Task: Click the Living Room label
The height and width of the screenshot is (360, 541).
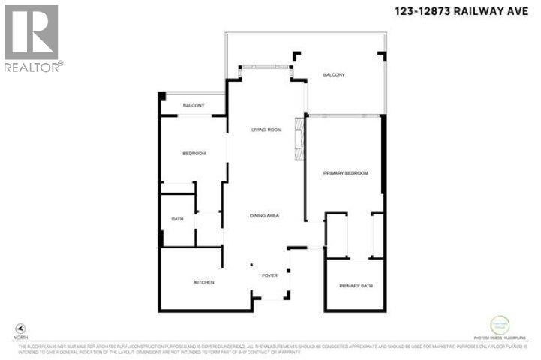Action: pos(266,130)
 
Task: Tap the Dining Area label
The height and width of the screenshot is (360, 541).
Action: pos(264,216)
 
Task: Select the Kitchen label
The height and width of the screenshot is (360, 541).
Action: pos(204,283)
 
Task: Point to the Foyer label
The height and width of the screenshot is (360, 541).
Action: pos(269,275)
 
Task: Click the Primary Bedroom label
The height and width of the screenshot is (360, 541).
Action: pos(346,173)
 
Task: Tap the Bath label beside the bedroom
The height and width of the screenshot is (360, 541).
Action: pos(177,219)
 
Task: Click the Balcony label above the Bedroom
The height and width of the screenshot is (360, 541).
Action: pos(194,105)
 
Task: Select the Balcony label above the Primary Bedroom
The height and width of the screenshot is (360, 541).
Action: pos(334,74)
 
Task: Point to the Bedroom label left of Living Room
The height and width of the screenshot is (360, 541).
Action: pos(194,154)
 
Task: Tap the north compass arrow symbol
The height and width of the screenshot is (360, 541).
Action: pos(20,328)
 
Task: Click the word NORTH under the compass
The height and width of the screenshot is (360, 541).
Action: pos(20,337)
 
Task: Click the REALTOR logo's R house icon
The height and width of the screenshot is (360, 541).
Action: pos(31,31)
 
